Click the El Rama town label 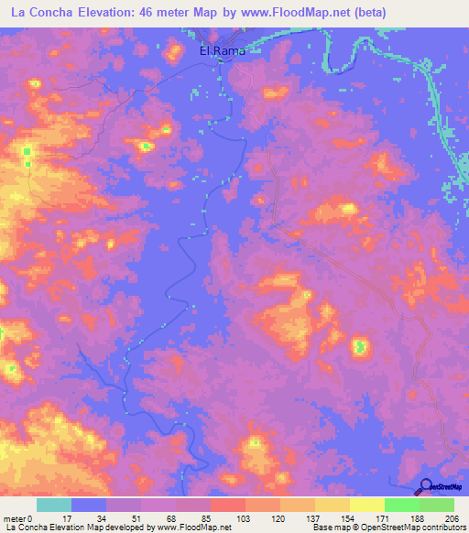coord(223,51)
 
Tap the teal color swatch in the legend coord(54,505)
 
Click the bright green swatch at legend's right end coord(437,505)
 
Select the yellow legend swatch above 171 coord(367,505)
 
